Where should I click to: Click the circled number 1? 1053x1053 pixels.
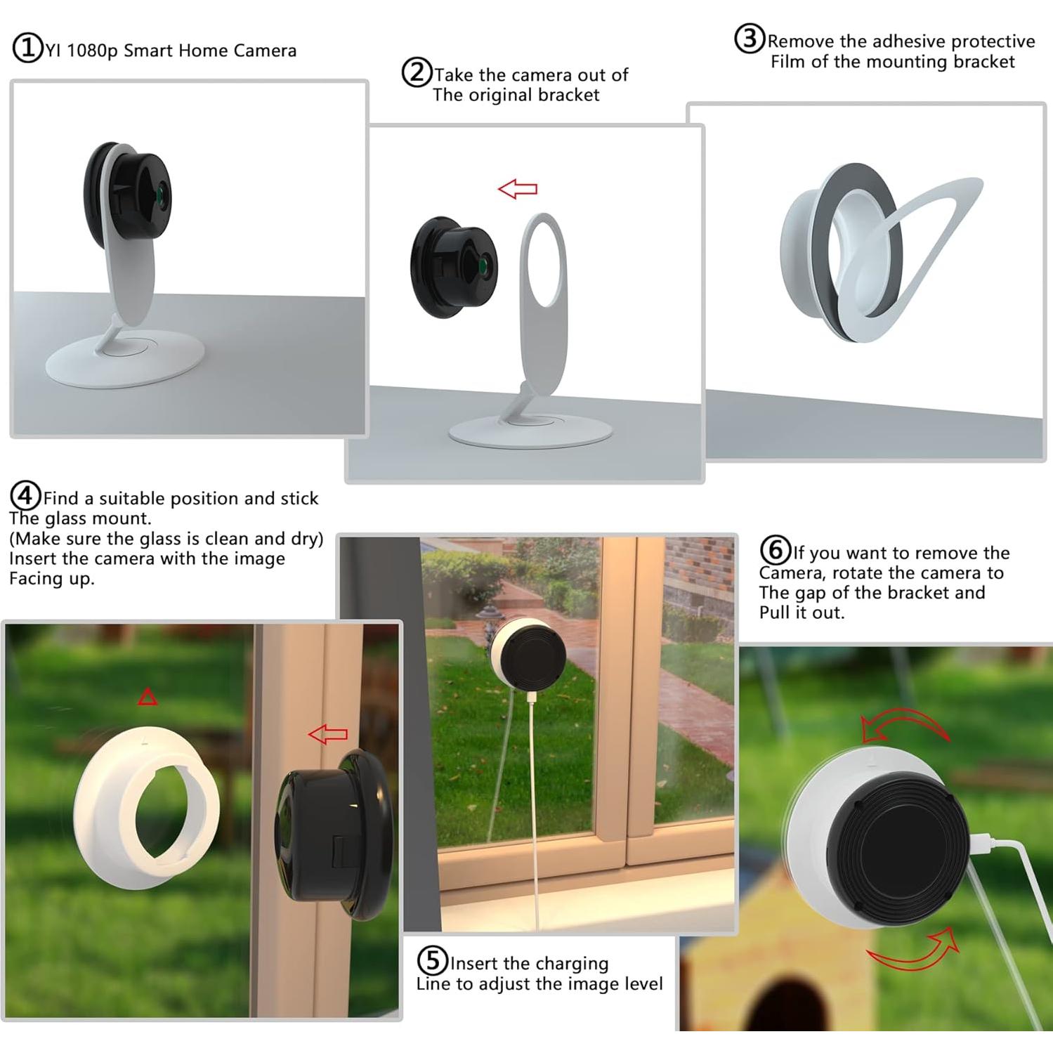coord(28,49)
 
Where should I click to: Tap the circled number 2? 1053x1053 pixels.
coord(416,73)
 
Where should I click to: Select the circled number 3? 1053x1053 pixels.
coord(749,39)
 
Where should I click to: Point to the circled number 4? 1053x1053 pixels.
coord(25,497)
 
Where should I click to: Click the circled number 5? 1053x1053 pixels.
coord(432,960)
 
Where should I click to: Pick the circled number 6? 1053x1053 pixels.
coord(776,550)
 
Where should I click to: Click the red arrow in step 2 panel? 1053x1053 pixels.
coord(518,188)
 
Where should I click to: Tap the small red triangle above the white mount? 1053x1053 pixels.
coord(148,697)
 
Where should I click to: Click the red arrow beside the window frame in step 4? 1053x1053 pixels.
coord(328,735)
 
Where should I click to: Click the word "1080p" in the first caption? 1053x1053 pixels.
coord(93,51)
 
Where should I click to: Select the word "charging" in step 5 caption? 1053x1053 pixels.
coord(570,963)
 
